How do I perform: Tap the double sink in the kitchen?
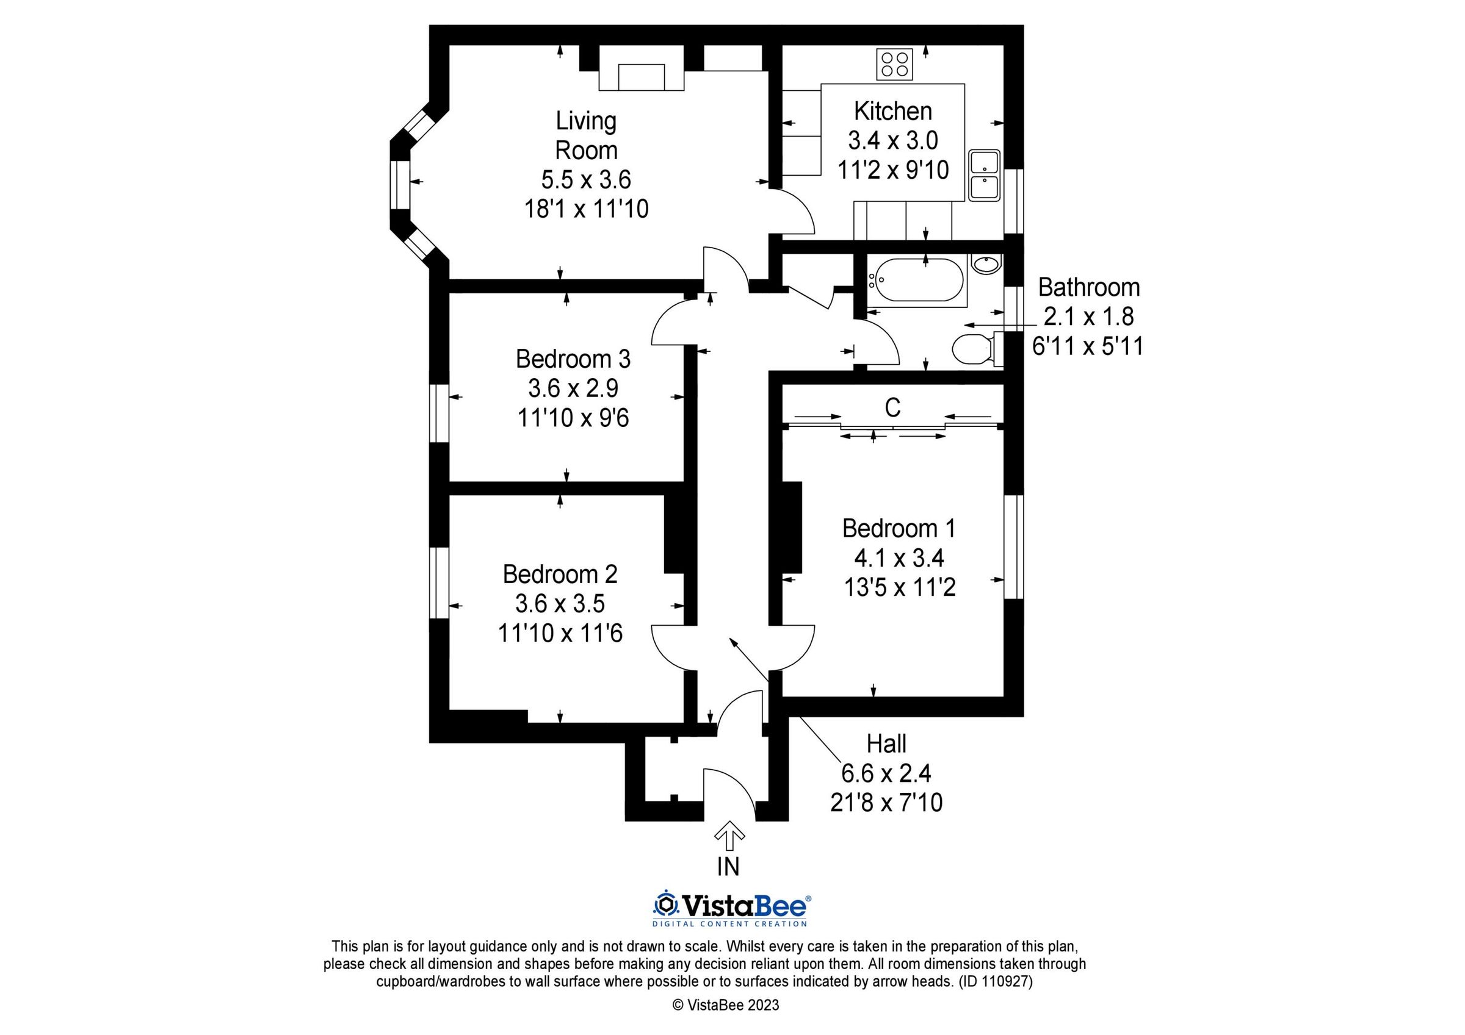click(x=984, y=176)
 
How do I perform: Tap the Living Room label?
click(x=586, y=135)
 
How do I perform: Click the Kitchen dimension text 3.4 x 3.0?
click(x=892, y=140)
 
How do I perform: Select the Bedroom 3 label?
click(x=573, y=359)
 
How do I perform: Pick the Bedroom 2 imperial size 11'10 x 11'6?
click(x=560, y=633)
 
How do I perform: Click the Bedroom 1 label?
click(x=899, y=528)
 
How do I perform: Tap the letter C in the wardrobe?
click(x=892, y=407)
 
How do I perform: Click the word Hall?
click(x=886, y=743)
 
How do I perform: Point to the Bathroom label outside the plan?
click(x=1088, y=288)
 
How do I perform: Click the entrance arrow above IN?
click(x=729, y=836)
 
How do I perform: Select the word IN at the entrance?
click(x=728, y=867)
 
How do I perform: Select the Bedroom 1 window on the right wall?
click(x=1014, y=546)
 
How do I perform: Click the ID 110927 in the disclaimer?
click(x=996, y=981)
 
